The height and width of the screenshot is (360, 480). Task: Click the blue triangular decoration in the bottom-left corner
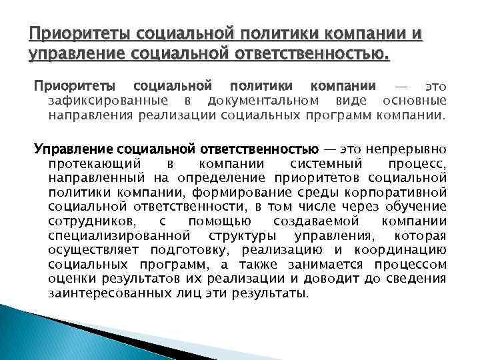coord(40,333)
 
